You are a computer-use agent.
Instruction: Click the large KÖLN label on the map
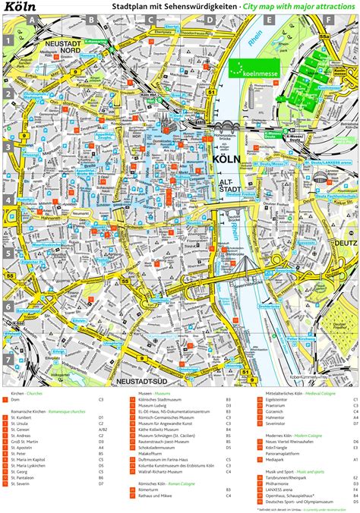(x=227, y=161)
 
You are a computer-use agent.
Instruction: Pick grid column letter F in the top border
(x=328, y=20)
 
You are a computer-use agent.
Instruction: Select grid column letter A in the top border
(x=32, y=20)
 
